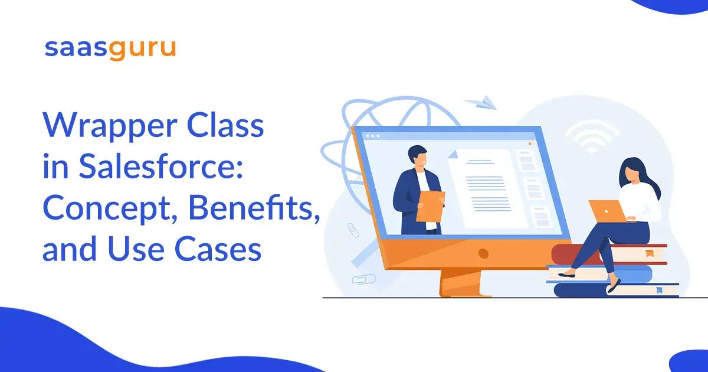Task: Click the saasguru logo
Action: point(110,50)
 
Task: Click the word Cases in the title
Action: point(218,249)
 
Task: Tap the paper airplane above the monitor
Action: point(480,103)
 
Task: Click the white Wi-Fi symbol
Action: point(592,136)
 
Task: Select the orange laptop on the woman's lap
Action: point(608,211)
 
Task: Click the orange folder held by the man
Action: point(431,207)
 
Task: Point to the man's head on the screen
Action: point(418,156)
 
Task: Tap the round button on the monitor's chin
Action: point(483,253)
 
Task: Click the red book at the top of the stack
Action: point(609,254)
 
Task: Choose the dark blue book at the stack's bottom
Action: point(617,290)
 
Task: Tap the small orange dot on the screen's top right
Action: point(530,144)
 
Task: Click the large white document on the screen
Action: point(488,188)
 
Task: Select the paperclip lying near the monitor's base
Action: point(364,279)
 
